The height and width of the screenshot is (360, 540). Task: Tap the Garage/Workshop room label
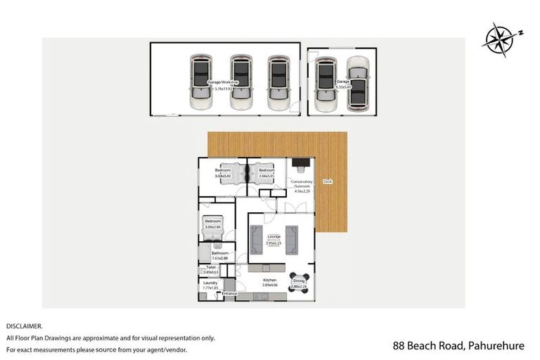(223, 82)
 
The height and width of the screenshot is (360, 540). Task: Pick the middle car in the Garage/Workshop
(240, 82)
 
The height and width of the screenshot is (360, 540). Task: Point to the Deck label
(327, 181)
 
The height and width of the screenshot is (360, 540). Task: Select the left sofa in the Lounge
(255, 240)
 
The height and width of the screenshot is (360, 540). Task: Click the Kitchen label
(269, 281)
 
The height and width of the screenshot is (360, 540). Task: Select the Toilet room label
(210, 268)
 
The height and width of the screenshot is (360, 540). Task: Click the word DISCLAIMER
(25, 326)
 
